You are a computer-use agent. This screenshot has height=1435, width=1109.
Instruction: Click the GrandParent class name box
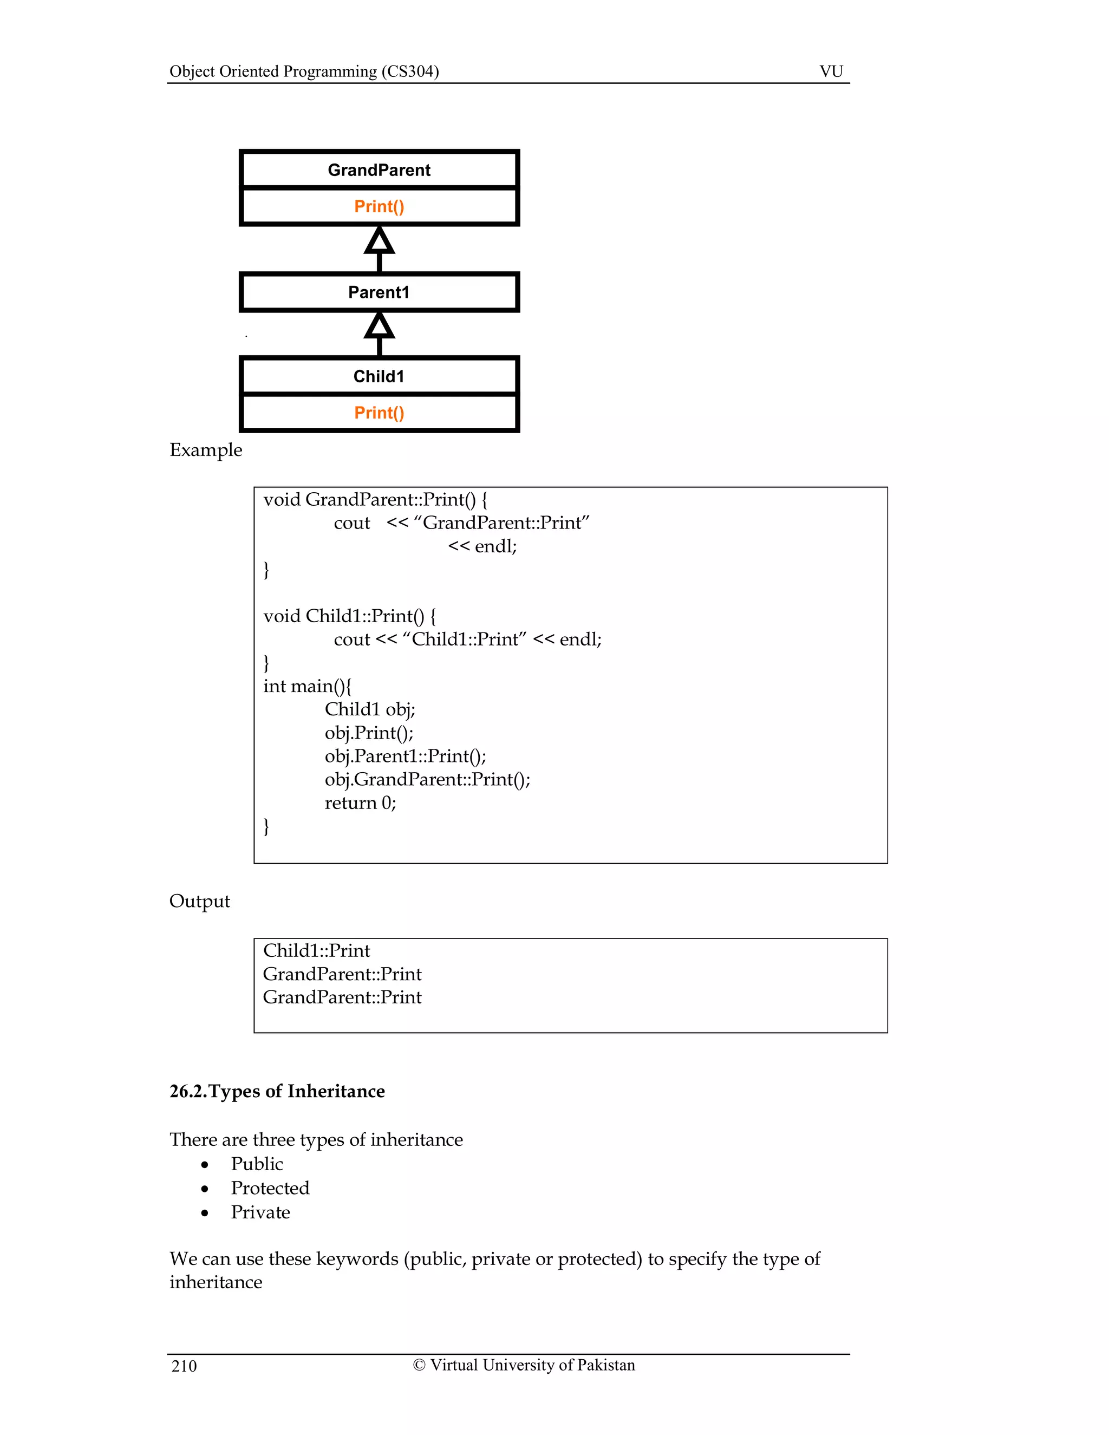(x=379, y=170)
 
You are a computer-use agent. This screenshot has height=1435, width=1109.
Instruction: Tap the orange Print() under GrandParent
(x=379, y=206)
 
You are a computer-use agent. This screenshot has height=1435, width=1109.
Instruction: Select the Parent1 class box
(x=379, y=292)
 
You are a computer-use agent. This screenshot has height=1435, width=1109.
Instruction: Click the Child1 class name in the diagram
(x=379, y=376)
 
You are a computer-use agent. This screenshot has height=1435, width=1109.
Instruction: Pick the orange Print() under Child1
(x=379, y=413)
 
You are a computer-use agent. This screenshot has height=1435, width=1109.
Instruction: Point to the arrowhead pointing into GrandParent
(x=379, y=241)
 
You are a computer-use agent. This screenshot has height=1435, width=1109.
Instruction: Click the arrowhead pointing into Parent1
(x=379, y=326)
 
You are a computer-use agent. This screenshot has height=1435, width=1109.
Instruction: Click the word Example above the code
(x=206, y=450)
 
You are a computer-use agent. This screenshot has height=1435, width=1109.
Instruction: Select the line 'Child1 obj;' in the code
(x=370, y=709)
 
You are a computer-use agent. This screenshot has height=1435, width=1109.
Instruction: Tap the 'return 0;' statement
(x=360, y=803)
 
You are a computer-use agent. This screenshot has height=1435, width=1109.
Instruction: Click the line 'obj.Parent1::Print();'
(x=406, y=756)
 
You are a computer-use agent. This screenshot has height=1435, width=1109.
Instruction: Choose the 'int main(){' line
(x=308, y=687)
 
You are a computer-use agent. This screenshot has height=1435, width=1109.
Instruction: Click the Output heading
(x=200, y=901)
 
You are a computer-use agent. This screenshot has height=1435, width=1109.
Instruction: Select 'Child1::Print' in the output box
(x=317, y=951)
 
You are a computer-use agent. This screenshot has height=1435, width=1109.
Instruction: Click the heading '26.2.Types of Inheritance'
(x=277, y=1091)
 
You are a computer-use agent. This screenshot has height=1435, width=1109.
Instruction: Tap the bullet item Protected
(x=270, y=1188)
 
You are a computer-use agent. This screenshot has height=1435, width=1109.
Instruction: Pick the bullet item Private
(x=260, y=1212)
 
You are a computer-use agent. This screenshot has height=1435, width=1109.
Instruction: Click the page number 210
(x=184, y=1367)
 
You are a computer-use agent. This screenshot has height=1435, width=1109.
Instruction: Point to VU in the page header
(x=831, y=71)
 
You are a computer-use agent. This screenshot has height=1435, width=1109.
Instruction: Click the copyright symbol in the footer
(x=419, y=1365)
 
